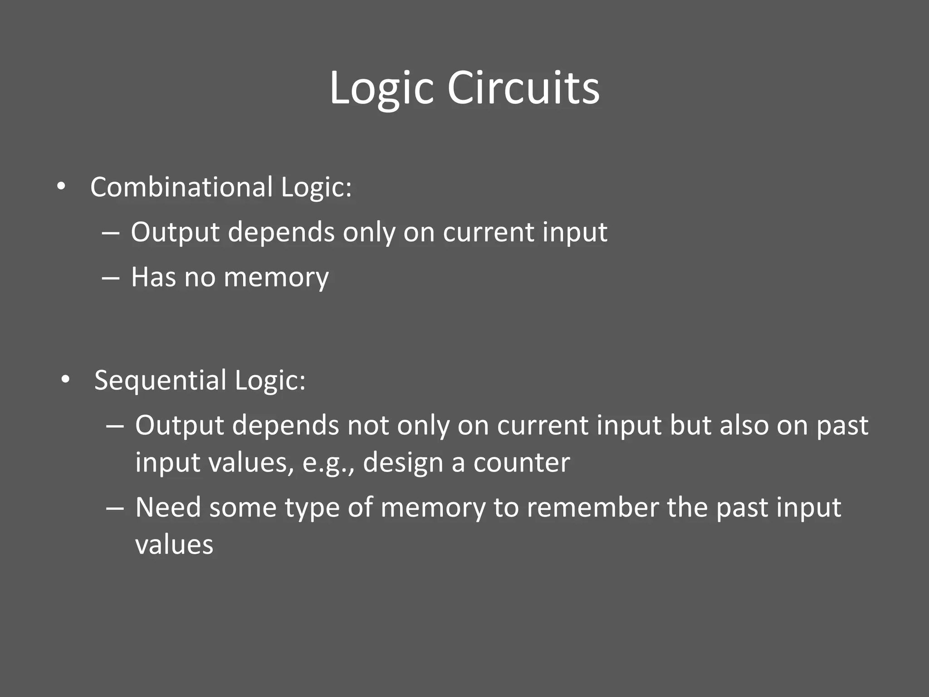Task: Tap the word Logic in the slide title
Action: click(381, 88)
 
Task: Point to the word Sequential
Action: click(160, 380)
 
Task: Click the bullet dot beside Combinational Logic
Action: click(61, 187)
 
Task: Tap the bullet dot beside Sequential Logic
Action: click(65, 380)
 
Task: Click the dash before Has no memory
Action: click(111, 277)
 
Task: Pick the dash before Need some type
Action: click(115, 508)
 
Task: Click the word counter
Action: click(522, 463)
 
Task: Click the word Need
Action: click(168, 508)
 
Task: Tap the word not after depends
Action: click(368, 426)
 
